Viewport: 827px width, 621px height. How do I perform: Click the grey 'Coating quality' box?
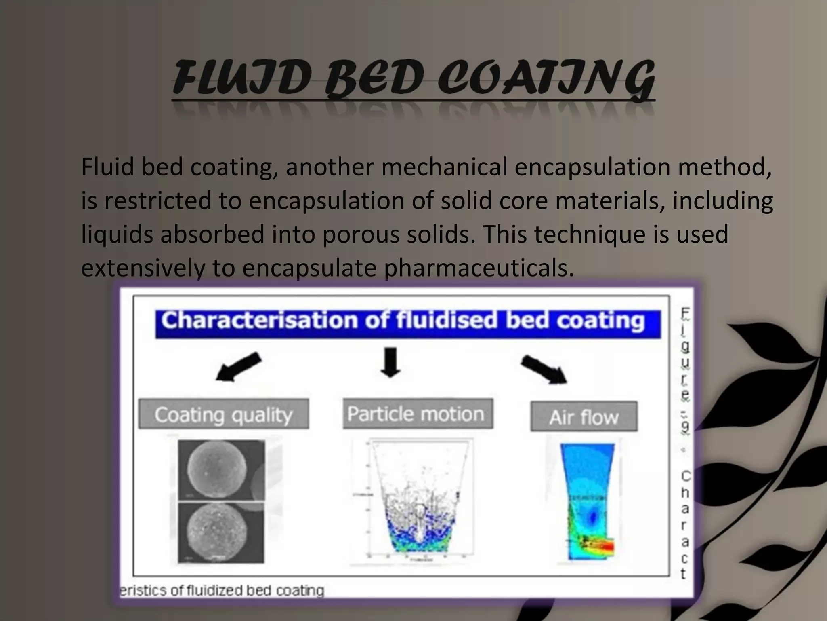tap(224, 414)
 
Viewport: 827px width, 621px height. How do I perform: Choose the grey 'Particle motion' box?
tap(418, 414)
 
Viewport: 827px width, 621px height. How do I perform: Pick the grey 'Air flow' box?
tap(584, 416)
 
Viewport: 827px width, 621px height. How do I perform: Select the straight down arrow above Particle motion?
tap(390, 362)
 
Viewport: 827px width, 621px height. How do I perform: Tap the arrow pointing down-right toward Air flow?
tap(544, 369)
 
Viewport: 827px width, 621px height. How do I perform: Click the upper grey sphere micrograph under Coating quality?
tap(221, 470)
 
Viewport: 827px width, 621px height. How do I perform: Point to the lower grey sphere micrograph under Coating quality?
tap(221, 533)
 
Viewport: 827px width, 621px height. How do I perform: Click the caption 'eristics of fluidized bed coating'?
tap(222, 591)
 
